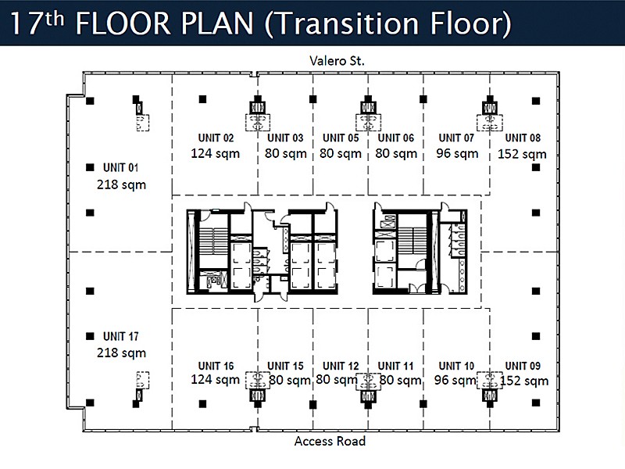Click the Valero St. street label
pyautogui.click(x=337, y=61)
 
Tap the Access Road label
pyautogui.click(x=330, y=441)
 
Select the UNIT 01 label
pyautogui.click(x=121, y=167)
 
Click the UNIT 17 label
pyautogui.click(x=121, y=336)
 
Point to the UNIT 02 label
pyautogui.click(x=216, y=138)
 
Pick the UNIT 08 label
pyautogui.click(x=523, y=138)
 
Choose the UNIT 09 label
pyautogui.click(x=523, y=366)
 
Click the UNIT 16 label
pyautogui.click(x=216, y=366)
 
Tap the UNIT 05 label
pyautogui.click(x=341, y=138)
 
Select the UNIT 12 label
pyautogui.click(x=341, y=366)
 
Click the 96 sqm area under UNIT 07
pyautogui.click(x=457, y=153)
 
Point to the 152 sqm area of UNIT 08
pyautogui.click(x=522, y=154)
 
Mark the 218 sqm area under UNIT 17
pyautogui.click(x=121, y=353)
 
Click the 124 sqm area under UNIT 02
pyautogui.click(x=216, y=153)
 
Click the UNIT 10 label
pyautogui.click(x=456, y=366)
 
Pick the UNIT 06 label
pyautogui.click(x=396, y=138)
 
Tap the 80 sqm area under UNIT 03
pyautogui.click(x=286, y=153)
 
